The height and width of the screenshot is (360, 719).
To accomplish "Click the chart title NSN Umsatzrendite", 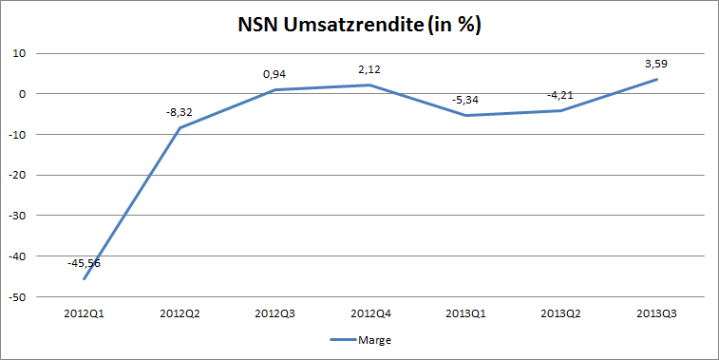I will pos(359,26).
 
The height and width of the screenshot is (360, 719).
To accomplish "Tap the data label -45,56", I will pos(84,263).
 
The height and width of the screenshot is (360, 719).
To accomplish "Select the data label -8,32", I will pos(180,111).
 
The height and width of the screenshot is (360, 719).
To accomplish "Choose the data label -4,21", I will pos(558,95).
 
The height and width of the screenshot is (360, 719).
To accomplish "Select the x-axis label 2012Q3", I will pos(274,312).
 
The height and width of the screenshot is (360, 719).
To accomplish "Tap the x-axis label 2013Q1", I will pos(465,312).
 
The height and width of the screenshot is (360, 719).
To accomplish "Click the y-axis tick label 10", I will pos(18,53).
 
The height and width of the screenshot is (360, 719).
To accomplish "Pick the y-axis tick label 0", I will pos(21,94).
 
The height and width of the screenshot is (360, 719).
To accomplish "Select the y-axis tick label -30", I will pos(16,216).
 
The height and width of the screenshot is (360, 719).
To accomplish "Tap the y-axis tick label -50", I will pos(16,297).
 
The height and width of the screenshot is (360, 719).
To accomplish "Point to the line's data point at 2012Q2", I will pos(179,127).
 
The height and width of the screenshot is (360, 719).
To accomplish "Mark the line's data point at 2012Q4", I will pos(370,85).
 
